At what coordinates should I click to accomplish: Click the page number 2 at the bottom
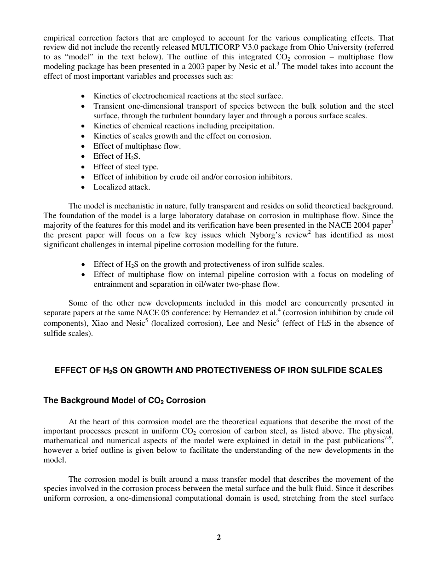(x=219, y=537)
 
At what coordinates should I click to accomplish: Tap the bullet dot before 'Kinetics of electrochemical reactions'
(x=82, y=96)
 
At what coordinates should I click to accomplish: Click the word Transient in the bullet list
(x=109, y=106)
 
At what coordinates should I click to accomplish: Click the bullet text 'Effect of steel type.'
(x=126, y=167)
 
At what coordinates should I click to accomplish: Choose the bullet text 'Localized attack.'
(x=122, y=187)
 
